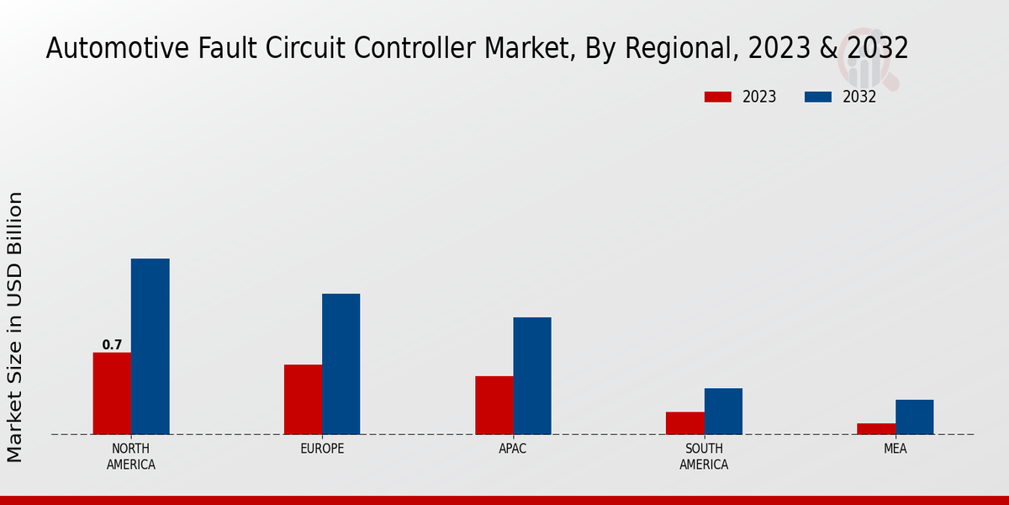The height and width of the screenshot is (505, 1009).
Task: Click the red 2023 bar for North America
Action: click(x=112, y=393)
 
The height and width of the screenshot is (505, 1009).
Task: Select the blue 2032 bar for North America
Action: click(x=150, y=346)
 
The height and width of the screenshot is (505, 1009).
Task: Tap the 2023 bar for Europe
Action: click(x=303, y=399)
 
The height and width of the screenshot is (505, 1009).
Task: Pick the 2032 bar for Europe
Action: click(x=341, y=364)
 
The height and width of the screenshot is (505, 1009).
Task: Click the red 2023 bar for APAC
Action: click(x=494, y=405)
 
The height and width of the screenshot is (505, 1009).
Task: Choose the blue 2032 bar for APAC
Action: click(x=532, y=375)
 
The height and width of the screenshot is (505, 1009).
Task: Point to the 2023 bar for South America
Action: click(x=684, y=423)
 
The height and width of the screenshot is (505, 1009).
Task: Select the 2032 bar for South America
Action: click(x=723, y=411)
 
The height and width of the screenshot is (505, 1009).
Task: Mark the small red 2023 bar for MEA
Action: click(x=875, y=428)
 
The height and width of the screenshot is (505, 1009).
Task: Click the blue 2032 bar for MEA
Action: click(x=914, y=417)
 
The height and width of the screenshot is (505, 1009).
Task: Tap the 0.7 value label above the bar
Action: click(x=112, y=345)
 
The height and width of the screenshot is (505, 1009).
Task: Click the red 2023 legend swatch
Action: click(x=718, y=97)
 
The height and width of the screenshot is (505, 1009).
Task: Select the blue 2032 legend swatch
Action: click(x=818, y=97)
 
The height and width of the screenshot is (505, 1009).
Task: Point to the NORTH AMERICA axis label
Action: click(x=131, y=456)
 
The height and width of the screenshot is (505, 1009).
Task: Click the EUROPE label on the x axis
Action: click(x=322, y=449)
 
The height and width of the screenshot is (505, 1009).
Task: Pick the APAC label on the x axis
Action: click(x=513, y=449)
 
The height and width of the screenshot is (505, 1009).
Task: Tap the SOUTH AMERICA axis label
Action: click(x=704, y=456)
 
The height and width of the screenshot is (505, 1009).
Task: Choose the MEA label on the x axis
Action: click(x=895, y=449)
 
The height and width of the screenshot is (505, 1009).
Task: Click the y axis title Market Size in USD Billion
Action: click(x=15, y=327)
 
